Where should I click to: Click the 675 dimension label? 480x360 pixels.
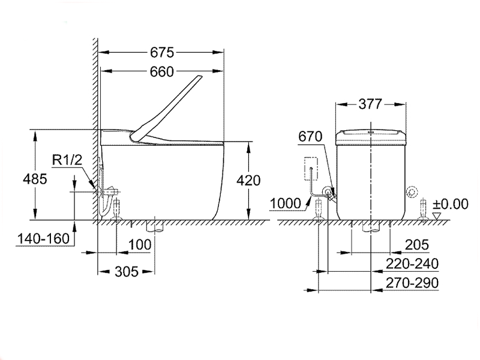point(161,52)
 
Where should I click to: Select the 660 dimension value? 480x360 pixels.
point(161,72)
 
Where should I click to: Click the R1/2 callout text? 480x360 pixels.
point(66,160)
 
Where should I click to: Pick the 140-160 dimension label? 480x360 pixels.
point(41,238)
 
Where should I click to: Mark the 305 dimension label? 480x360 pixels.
point(126,271)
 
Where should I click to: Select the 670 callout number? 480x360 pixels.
point(311,137)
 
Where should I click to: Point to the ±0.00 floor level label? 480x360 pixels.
point(450,204)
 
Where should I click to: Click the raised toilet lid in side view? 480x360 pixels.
point(170,108)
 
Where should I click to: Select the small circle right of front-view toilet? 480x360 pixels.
point(412,192)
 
